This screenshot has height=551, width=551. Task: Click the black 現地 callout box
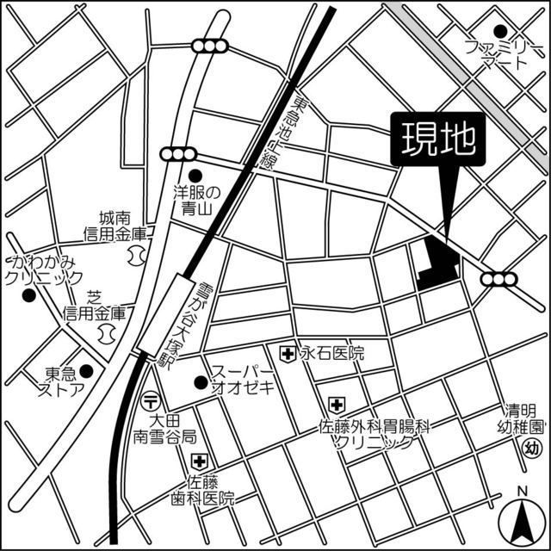pyautogui.click(x=438, y=139)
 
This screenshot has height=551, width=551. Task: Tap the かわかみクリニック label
pyautogui.click(x=43, y=269)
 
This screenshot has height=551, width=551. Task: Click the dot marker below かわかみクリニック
pyautogui.click(x=28, y=296)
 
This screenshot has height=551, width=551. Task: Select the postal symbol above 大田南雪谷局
pyautogui.click(x=152, y=400)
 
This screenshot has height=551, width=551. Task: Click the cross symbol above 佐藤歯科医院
pyautogui.click(x=199, y=461)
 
